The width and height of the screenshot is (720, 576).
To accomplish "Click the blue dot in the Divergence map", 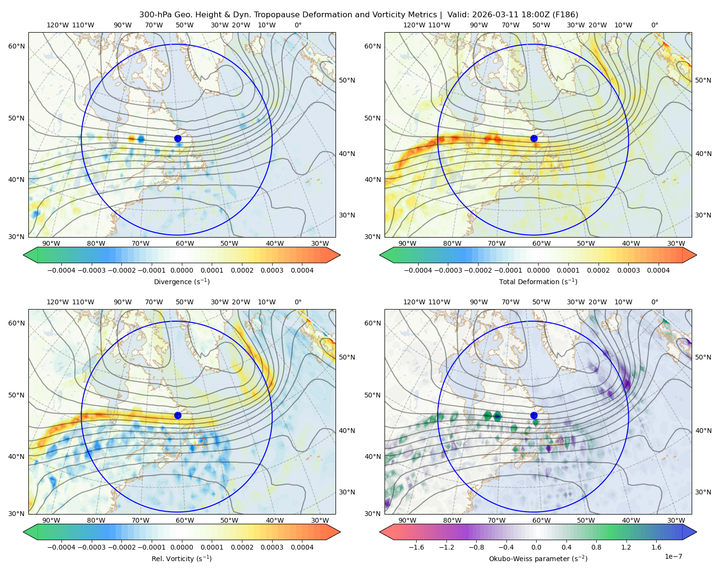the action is [178, 139].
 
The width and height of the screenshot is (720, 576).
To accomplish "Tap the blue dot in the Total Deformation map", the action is [534, 139].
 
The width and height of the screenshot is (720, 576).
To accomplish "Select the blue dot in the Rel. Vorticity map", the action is [178, 415].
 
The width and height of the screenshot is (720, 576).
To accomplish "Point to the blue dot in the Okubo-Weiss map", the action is [534, 415].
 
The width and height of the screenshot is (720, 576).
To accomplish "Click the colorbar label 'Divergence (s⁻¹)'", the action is [181, 281].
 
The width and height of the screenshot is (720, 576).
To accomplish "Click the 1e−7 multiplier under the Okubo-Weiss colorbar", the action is [673, 557].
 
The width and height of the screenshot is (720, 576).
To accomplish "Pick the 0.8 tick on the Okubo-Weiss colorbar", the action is [596, 547].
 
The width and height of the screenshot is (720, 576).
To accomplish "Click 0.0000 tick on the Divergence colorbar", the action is [181, 270].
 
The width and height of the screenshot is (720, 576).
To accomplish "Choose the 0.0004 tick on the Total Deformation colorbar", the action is [659, 270].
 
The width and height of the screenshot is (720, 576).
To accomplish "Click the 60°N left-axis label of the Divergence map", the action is [16, 46].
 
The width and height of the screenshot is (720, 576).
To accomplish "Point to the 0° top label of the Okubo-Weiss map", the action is [654, 302].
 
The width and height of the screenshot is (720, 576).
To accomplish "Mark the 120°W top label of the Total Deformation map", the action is [414, 25].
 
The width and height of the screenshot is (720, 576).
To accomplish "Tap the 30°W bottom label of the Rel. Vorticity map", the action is [320, 520].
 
